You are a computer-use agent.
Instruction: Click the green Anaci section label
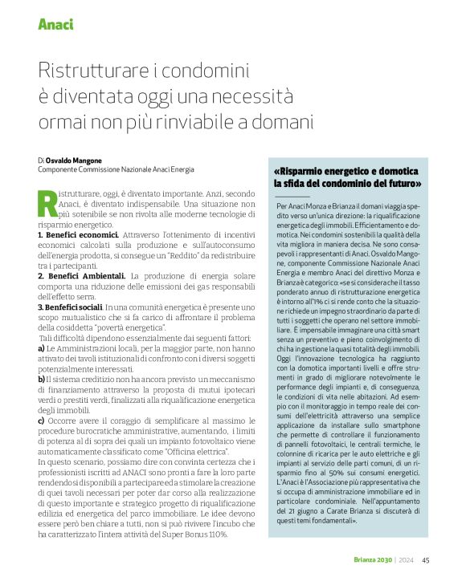[55, 24]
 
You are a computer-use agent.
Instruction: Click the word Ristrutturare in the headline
[88, 71]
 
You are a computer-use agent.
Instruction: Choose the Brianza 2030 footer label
[373, 560]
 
